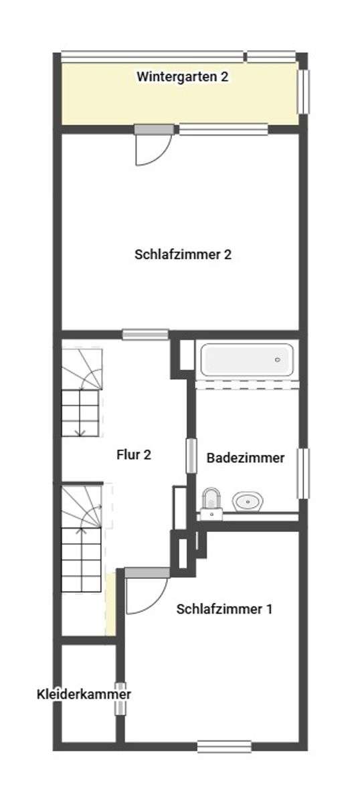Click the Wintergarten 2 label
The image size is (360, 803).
[x=183, y=77]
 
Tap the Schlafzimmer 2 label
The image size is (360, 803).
[x=183, y=254]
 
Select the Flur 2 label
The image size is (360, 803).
[x=134, y=455]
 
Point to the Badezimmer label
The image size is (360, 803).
[x=246, y=458]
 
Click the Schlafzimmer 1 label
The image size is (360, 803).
[x=224, y=609]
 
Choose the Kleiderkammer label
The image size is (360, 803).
[x=84, y=695]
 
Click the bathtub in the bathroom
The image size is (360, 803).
[x=246, y=360]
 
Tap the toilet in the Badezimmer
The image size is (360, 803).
[x=211, y=501]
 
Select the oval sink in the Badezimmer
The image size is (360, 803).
[x=248, y=501]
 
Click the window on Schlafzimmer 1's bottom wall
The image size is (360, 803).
[x=224, y=746]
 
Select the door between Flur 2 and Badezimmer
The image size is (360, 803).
[x=191, y=460]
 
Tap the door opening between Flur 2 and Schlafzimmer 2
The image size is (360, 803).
[x=145, y=334]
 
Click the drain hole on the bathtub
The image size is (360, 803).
[x=278, y=360]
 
